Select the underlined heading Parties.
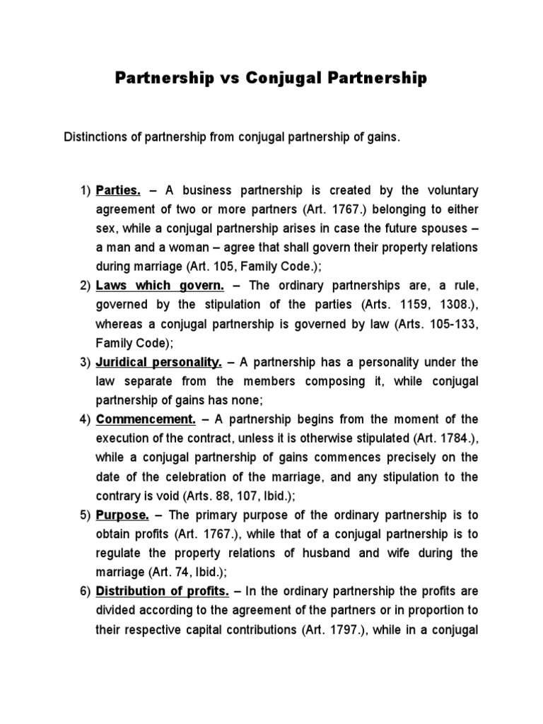tap(119, 191)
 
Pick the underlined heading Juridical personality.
tap(159, 362)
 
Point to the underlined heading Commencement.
tap(146, 419)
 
